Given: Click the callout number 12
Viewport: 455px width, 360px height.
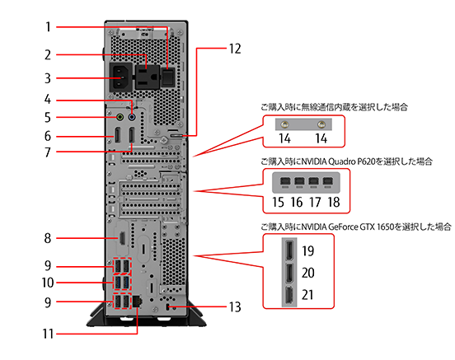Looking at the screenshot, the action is coord(235,49).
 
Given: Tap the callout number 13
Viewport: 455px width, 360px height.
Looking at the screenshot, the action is coord(235,307).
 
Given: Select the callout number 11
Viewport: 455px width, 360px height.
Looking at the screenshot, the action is coord(48,334).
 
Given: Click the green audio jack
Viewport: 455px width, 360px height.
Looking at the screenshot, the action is coord(120,117).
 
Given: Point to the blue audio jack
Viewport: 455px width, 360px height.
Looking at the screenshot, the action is coord(132,117).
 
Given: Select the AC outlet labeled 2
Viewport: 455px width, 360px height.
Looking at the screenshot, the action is coord(147,77).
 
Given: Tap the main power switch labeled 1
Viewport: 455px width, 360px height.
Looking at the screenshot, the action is coord(168,77).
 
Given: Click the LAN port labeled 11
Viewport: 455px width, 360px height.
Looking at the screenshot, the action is coord(137,302).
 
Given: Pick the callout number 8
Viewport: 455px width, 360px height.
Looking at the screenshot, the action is coord(48,238).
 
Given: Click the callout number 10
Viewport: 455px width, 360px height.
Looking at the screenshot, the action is coord(48,283).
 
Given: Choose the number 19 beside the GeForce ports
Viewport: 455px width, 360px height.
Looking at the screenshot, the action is coord(308,251).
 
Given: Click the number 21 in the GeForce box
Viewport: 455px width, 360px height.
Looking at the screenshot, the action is coord(307,295).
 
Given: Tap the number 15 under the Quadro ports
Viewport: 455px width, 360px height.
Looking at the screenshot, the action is coord(278,202).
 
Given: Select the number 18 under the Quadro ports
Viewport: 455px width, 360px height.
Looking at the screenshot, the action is coord(334,202).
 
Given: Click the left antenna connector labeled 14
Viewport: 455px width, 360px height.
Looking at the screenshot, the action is coord(284,124).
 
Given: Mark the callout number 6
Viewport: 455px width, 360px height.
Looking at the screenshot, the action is coord(48,136).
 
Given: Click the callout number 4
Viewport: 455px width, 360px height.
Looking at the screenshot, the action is coord(48,100).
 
